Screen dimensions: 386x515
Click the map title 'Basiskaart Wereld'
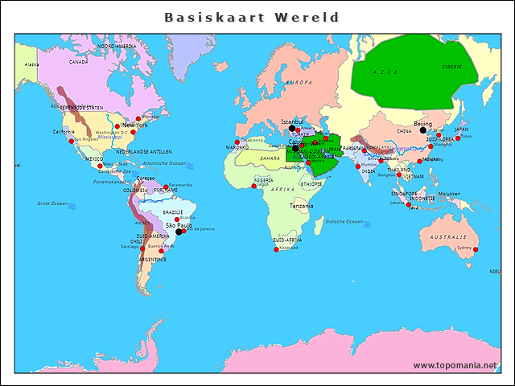[x=251, y=17]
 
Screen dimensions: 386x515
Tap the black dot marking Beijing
[x=423, y=130]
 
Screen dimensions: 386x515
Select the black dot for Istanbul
[x=292, y=128]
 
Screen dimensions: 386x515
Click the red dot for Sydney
[x=476, y=250]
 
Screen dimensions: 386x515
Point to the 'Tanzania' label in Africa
[x=302, y=206]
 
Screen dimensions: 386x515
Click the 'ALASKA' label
[x=31, y=64]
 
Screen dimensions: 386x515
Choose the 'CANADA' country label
[x=78, y=61]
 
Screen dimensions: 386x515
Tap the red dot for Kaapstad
[x=277, y=248]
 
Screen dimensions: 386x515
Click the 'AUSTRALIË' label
[x=448, y=237]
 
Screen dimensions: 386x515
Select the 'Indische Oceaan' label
[x=344, y=220]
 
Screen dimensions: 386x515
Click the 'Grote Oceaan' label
[x=53, y=203]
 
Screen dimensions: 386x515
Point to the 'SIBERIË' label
[x=451, y=67]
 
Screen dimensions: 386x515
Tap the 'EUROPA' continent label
[x=299, y=82]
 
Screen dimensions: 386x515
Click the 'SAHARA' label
[x=270, y=158]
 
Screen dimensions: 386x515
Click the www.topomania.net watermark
[x=455, y=365]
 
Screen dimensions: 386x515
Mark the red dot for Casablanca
[x=237, y=142]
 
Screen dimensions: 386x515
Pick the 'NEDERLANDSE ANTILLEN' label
[x=143, y=151]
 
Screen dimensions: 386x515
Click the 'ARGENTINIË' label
[x=151, y=260]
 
